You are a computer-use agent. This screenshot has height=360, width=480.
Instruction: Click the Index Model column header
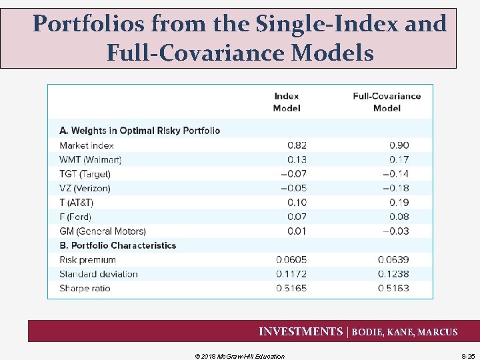pyautogui.click(x=287, y=102)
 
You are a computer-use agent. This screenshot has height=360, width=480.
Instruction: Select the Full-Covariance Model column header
pyautogui.click(x=387, y=102)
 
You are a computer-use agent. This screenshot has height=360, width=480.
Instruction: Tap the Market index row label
pyautogui.click(x=87, y=145)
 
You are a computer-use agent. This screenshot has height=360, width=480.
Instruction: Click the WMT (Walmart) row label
pyautogui.click(x=91, y=159)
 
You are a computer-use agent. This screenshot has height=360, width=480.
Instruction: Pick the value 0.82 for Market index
pyautogui.click(x=297, y=145)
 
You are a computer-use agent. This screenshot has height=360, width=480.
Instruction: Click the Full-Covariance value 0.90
pyautogui.click(x=399, y=145)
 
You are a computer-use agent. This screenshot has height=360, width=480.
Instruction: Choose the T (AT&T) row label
pyautogui.click(x=77, y=203)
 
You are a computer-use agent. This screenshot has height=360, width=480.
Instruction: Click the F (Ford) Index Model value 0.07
pyautogui.click(x=297, y=217)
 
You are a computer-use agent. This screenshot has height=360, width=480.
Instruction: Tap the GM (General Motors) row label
pyautogui.click(x=103, y=231)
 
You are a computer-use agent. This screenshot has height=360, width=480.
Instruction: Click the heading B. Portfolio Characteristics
pyautogui.click(x=118, y=245)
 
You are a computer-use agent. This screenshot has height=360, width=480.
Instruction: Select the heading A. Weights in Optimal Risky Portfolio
pyautogui.click(x=140, y=131)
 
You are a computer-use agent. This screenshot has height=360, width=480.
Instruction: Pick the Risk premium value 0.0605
pyautogui.click(x=291, y=260)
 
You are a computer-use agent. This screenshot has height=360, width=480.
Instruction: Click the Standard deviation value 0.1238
pyautogui.click(x=393, y=274)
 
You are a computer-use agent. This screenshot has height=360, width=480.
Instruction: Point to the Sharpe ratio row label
pyautogui.click(x=85, y=289)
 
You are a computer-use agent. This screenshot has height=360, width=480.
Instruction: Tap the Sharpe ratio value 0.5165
pyautogui.click(x=291, y=289)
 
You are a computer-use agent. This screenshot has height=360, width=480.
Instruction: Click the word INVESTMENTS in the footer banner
pyautogui.click(x=300, y=331)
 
